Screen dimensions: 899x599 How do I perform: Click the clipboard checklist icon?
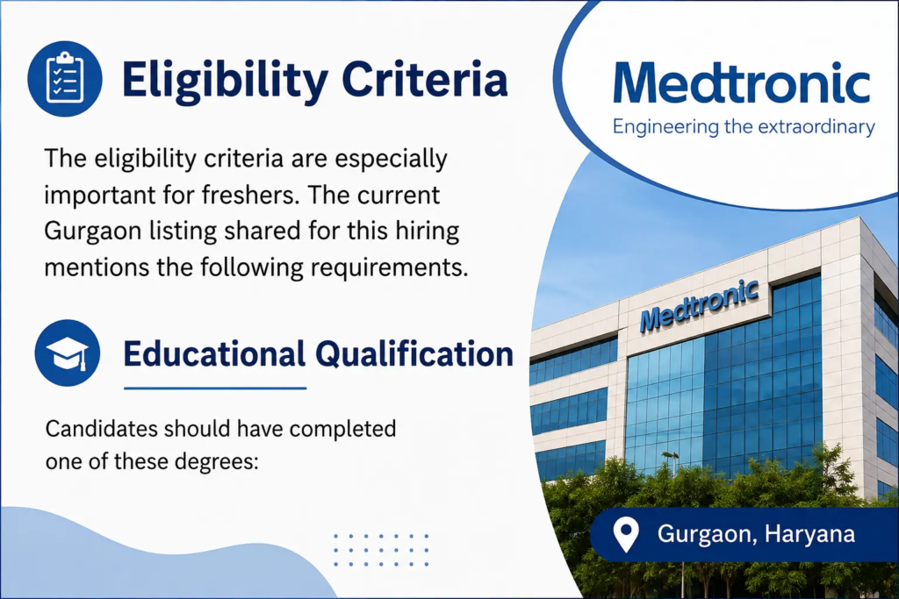[x=65, y=79]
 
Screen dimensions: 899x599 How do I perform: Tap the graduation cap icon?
[x=67, y=353]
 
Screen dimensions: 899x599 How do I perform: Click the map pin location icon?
[x=625, y=535]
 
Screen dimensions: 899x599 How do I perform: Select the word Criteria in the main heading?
[x=425, y=79]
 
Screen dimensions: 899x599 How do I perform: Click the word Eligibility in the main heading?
[x=226, y=80]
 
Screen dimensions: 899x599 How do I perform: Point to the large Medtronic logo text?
[x=742, y=82]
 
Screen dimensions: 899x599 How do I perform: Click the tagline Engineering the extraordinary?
[x=744, y=126]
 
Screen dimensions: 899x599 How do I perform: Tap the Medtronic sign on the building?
[x=700, y=305]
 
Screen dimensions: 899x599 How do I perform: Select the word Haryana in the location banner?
[x=809, y=534]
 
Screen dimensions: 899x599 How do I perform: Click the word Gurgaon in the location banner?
[x=707, y=535]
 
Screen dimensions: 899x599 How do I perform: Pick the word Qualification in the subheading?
[x=414, y=354]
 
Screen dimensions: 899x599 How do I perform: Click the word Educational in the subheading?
[x=214, y=354]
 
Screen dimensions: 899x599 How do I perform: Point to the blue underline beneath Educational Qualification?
[x=215, y=389]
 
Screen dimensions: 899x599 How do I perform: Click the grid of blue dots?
[x=381, y=550]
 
